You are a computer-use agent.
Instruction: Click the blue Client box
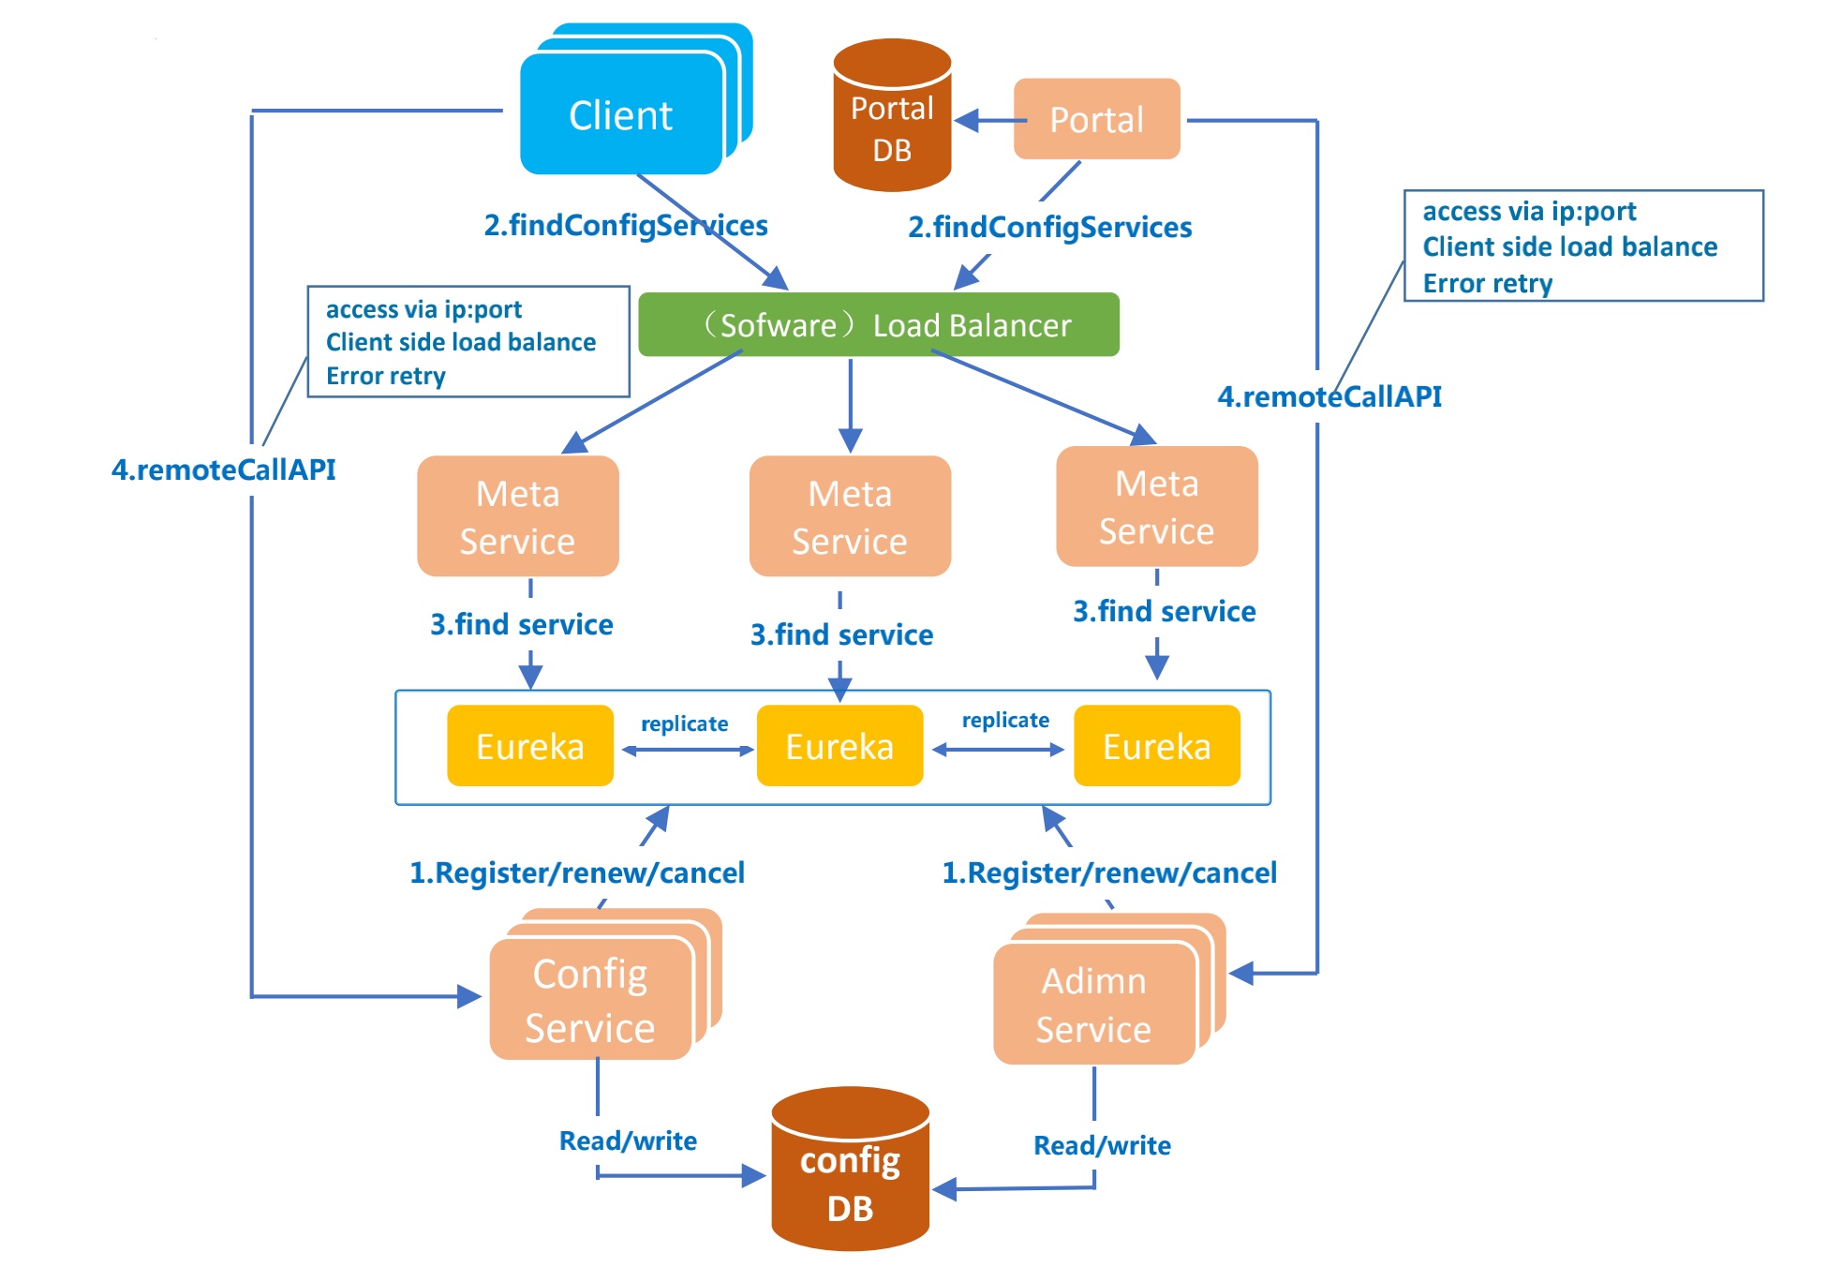click(x=621, y=114)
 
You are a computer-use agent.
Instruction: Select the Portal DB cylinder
click(x=892, y=117)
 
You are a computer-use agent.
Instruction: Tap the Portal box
click(x=1096, y=119)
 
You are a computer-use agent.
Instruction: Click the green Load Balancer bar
click(x=878, y=325)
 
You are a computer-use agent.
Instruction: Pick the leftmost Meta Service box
click(x=517, y=516)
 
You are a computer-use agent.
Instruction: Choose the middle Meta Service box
click(x=850, y=516)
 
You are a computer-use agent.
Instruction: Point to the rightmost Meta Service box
click(x=1156, y=507)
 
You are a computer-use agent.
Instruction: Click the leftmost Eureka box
click(x=530, y=746)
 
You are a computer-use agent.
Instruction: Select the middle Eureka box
click(x=839, y=746)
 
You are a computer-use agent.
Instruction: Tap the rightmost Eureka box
click(x=1156, y=746)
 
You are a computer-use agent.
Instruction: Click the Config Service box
click(x=590, y=1000)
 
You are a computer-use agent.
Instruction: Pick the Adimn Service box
click(x=1093, y=1005)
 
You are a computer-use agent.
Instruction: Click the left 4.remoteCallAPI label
click(x=224, y=470)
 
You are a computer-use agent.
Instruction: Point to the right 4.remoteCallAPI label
click(x=1329, y=396)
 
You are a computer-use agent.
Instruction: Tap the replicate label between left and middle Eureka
click(x=684, y=723)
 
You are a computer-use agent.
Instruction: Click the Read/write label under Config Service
click(x=628, y=1140)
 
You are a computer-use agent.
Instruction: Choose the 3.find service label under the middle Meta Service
click(x=841, y=634)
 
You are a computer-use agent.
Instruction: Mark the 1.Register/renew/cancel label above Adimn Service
click(x=1109, y=872)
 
